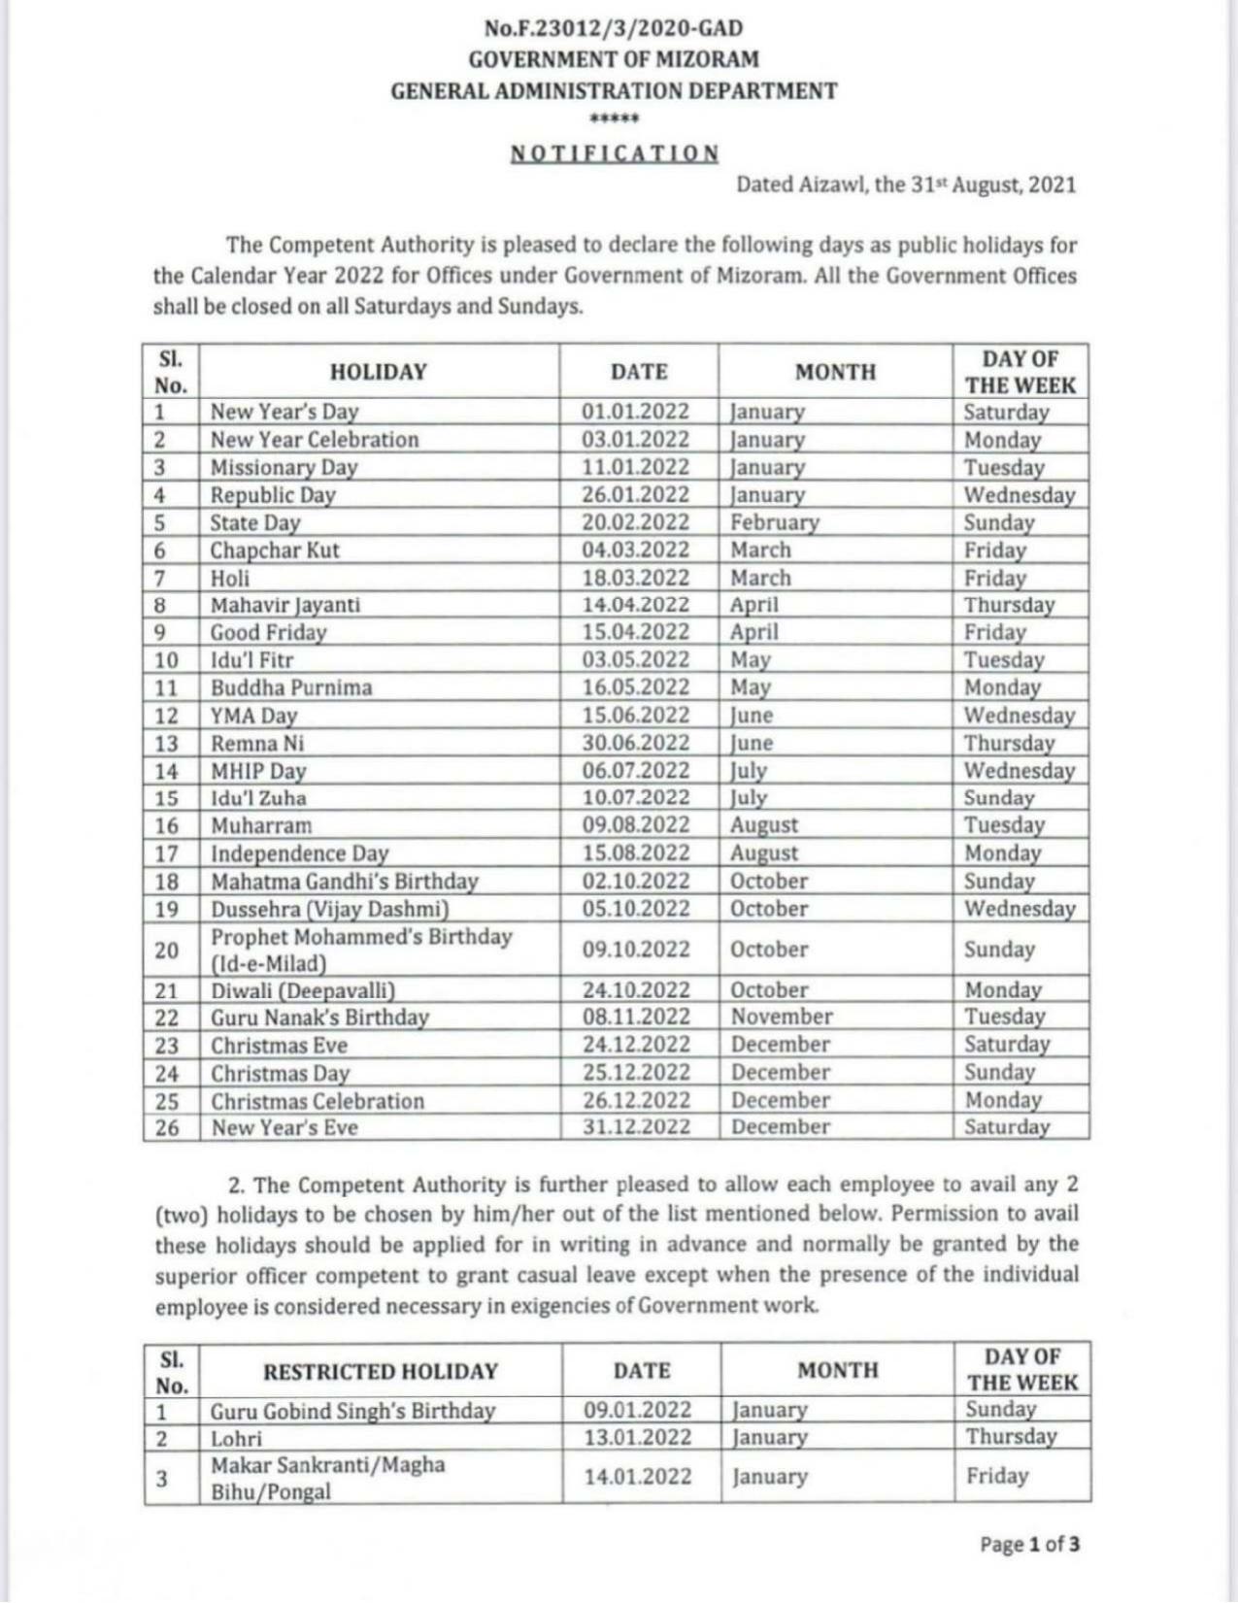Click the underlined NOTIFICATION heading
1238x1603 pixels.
click(x=615, y=153)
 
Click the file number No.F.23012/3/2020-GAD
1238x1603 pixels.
click(x=614, y=28)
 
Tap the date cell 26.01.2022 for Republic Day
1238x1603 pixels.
click(x=635, y=494)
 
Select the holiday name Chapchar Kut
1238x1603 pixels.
click(x=275, y=550)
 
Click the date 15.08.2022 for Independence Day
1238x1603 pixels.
click(x=635, y=852)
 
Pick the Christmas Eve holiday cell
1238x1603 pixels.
click(x=279, y=1045)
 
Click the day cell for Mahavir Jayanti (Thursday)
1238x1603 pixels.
click(x=1008, y=604)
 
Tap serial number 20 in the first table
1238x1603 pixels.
click(x=167, y=950)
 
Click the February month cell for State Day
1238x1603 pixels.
click(x=775, y=521)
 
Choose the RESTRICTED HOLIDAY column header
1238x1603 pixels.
click(x=380, y=1371)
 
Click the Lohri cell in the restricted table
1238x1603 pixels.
click(x=236, y=1437)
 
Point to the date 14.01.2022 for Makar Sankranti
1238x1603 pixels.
click(x=638, y=1476)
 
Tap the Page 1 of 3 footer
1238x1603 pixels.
click(x=1028, y=1543)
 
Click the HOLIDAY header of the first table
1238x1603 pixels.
click(x=378, y=372)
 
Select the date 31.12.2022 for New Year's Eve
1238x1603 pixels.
click(x=636, y=1126)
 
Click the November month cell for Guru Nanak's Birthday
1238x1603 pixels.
click(x=782, y=1017)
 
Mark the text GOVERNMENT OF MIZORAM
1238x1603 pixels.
click(x=614, y=59)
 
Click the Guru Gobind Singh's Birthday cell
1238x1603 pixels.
click(x=352, y=1410)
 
